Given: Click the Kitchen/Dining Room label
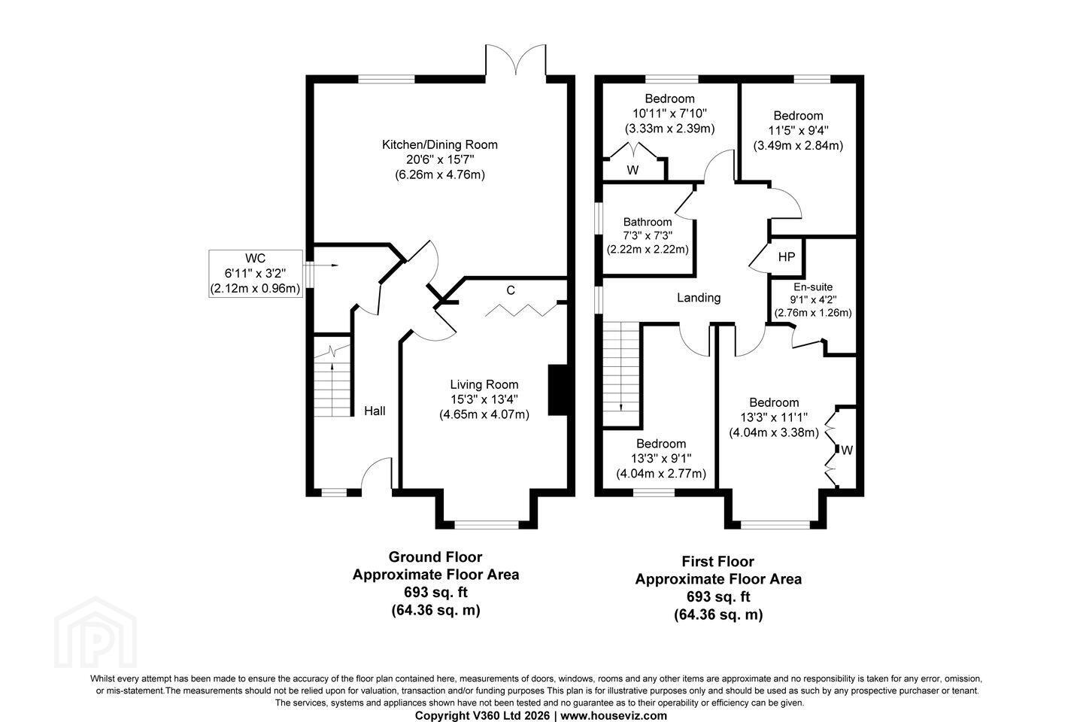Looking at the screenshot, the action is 439,144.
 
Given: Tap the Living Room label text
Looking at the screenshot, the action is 484,384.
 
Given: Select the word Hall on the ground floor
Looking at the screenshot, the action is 375,411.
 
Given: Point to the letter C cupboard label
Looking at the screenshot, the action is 511,290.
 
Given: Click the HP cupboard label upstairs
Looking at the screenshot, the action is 787,256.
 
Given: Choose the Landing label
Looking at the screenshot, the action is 699,298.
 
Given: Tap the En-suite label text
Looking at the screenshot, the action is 813,287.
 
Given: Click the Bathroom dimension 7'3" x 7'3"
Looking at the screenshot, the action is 648,235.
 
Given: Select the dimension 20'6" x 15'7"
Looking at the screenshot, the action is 440,159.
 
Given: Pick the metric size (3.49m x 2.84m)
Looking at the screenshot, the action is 798,146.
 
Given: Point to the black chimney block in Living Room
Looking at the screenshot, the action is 557,390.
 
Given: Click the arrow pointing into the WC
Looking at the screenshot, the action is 326,265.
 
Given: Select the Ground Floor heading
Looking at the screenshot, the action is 435,557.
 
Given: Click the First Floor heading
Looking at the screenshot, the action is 718,561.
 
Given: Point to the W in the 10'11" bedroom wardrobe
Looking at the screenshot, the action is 633,170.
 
